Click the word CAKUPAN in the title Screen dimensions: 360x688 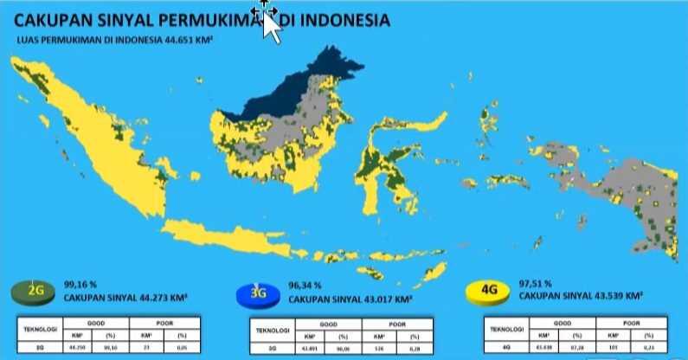coord(48,19)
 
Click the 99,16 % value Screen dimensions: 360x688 coord(78,283)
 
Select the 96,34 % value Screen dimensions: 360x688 coord(305,285)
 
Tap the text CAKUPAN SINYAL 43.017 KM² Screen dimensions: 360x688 coord(349,299)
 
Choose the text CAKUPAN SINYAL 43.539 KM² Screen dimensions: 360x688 coord(578,295)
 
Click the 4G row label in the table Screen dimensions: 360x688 coord(503,349)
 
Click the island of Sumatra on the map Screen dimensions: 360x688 coord(95,138)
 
